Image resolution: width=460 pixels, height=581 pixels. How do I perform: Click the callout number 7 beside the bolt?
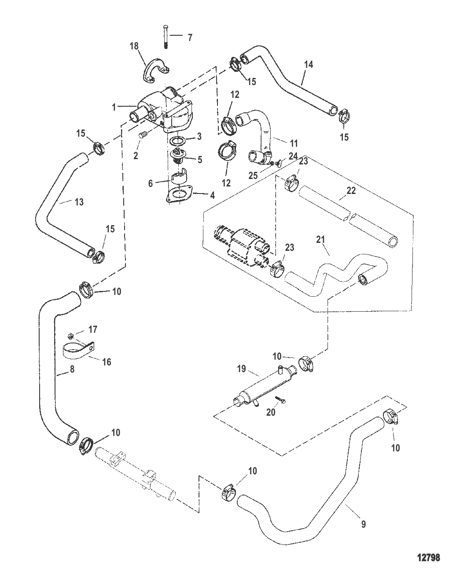(x=190, y=37)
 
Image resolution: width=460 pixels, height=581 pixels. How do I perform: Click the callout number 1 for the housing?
(x=114, y=107)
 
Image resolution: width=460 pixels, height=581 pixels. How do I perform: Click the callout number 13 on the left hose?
(x=79, y=202)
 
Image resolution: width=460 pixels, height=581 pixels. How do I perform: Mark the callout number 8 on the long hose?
(x=72, y=369)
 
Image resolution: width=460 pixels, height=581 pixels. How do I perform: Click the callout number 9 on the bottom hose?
(x=363, y=524)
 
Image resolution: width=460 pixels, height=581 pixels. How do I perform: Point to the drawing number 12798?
(x=428, y=557)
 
